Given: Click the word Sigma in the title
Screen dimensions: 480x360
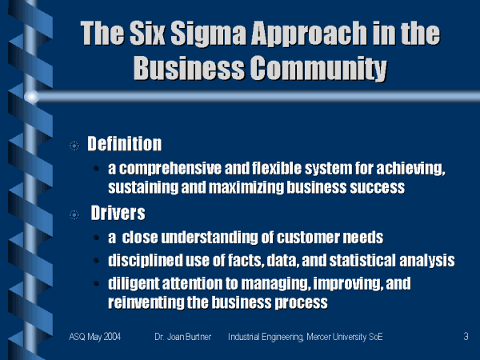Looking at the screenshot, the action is click(x=209, y=33).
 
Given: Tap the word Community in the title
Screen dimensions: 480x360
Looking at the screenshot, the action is click(x=319, y=68).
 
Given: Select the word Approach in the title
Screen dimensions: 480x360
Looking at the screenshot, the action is click(x=309, y=34).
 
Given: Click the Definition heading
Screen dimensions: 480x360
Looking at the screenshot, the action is click(x=125, y=143).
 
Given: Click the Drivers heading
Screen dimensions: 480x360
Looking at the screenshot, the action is click(x=118, y=213).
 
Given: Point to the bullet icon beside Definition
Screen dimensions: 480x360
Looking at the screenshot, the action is click(x=74, y=146).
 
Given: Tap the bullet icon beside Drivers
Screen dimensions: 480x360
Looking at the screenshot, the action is click(x=74, y=215).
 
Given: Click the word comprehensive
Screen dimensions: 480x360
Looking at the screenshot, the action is click(x=170, y=169).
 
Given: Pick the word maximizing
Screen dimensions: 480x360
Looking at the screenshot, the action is click(x=246, y=187).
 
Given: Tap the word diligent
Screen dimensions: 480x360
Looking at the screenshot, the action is click(x=134, y=284).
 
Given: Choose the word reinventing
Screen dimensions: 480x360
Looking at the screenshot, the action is click(x=146, y=302).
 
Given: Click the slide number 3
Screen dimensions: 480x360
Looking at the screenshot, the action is click(x=466, y=337).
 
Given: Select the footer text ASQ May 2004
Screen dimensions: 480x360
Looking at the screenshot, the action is click(x=95, y=337).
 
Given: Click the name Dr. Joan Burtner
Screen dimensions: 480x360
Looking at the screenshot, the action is click(x=182, y=337).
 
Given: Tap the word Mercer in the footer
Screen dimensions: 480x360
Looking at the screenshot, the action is click(x=318, y=337).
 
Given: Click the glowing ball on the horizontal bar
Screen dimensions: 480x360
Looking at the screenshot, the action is click(x=31, y=97).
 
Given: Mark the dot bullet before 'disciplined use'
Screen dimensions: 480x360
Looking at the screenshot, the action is click(x=96, y=261).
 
